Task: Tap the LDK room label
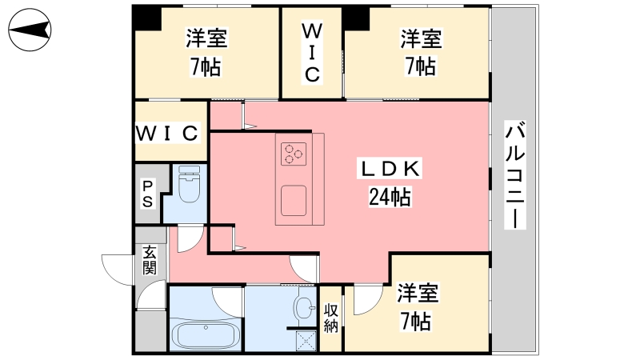pyautogui.click(x=388, y=169)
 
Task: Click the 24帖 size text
pyautogui.click(x=390, y=197)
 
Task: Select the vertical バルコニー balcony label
pyautogui.click(x=516, y=174)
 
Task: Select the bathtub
pyautogui.click(x=206, y=334)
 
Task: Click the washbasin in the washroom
pyautogui.click(x=306, y=306)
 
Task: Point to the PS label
pyautogui.click(x=148, y=194)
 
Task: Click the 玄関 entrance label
pyautogui.click(x=150, y=260)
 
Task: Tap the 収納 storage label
pyautogui.click(x=331, y=318)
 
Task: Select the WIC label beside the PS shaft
pyautogui.click(x=166, y=132)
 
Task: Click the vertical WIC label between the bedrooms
pyautogui.click(x=311, y=53)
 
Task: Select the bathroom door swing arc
pyautogui.click(x=228, y=300)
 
